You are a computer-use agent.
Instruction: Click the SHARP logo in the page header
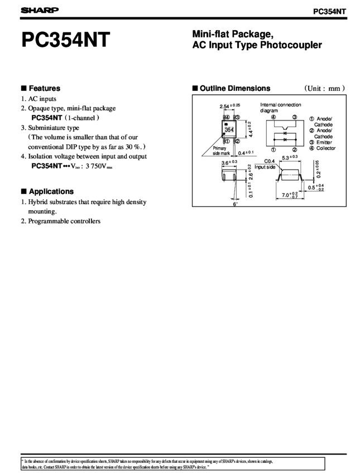[40, 10]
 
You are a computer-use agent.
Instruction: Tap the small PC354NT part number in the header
[330, 11]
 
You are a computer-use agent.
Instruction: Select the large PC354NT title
[66, 41]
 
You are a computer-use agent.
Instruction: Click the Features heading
[44, 88]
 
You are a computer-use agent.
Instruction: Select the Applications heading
[51, 191]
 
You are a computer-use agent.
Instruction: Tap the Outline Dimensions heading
[235, 88]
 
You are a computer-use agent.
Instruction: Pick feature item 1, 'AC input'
[42, 99]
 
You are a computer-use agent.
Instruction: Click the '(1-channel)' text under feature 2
[83, 118]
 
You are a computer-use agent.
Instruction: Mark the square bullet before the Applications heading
[23, 191]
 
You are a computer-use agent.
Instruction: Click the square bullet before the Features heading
[23, 88]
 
